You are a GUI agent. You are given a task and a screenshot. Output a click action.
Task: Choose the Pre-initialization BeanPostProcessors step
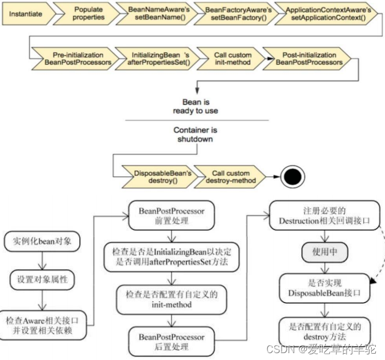[x=71, y=59]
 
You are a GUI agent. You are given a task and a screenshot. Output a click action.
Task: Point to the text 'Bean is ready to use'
[x=196, y=106]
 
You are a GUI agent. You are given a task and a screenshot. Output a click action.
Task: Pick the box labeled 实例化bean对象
[x=40, y=241]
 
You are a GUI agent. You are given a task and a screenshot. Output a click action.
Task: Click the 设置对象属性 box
[x=40, y=280]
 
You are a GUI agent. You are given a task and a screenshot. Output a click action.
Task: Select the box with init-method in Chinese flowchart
[x=171, y=299]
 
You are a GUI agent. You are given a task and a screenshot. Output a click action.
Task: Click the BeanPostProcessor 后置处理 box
[x=171, y=341]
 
